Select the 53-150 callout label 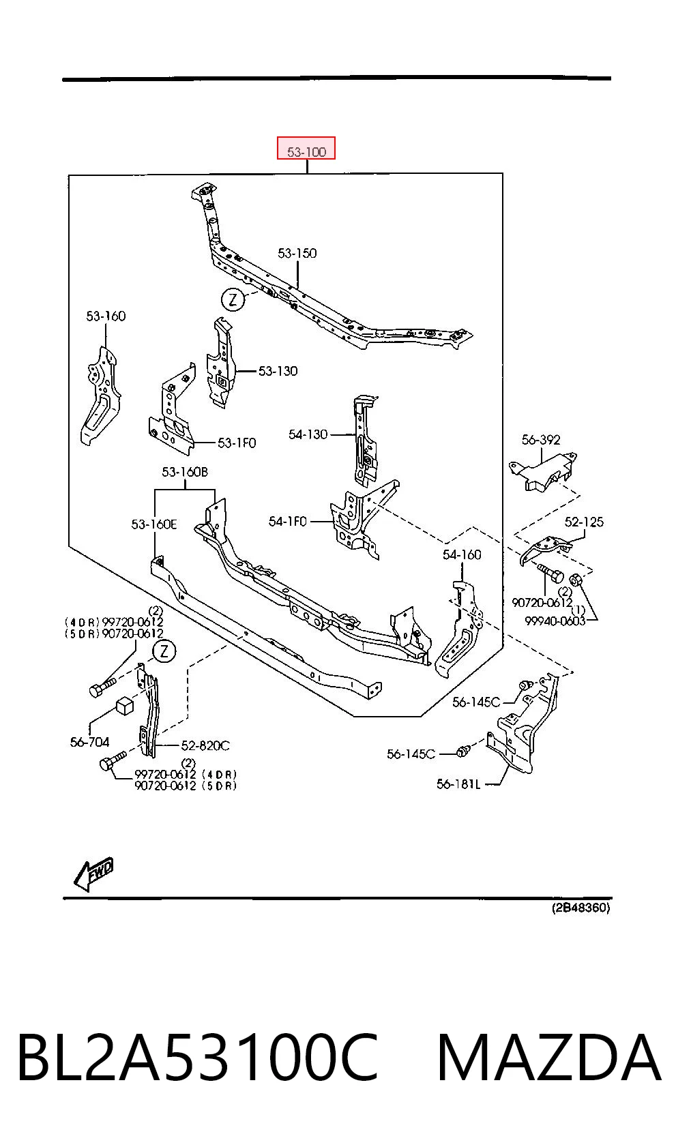(297, 253)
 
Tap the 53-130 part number (278, 371)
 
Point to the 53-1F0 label (237, 443)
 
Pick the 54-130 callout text (308, 434)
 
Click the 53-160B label (185, 472)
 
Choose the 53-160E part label (154, 524)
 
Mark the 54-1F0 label (287, 521)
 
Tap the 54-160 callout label (462, 554)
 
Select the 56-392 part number (541, 439)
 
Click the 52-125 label (585, 522)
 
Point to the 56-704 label (89, 742)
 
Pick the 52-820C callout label (205, 745)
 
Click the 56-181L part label (458, 784)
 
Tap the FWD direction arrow (93, 874)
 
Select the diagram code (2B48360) (581, 908)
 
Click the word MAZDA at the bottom (548, 1057)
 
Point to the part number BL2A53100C (199, 1057)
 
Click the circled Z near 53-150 (233, 299)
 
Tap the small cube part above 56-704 (124, 705)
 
